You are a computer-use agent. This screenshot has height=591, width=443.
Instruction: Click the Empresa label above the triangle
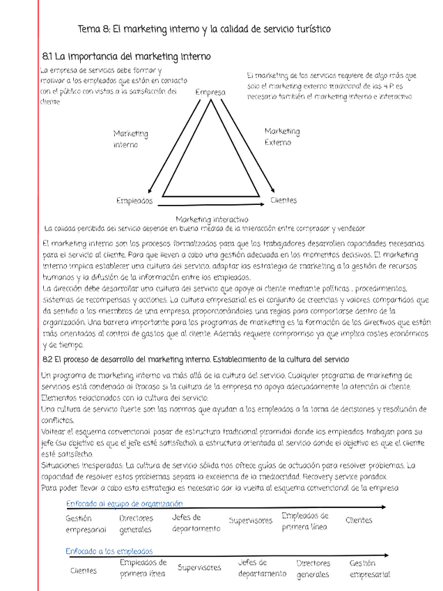point(210,93)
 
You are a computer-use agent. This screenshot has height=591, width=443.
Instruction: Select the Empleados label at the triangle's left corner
point(134,201)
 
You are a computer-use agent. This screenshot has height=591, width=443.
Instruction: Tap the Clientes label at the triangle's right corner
point(283,201)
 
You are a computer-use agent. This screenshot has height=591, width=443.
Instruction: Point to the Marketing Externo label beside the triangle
point(282,137)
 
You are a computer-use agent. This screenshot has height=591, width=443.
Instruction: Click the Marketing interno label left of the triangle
point(130,139)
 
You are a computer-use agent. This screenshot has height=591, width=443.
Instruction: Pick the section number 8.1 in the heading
point(48,56)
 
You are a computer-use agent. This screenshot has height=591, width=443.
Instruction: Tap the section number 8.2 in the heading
point(48,359)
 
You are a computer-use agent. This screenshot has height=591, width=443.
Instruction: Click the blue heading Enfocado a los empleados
point(109,551)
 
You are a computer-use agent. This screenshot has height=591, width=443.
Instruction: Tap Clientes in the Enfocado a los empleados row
point(84,571)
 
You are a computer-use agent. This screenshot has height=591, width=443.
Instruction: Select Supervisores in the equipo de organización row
point(251,521)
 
